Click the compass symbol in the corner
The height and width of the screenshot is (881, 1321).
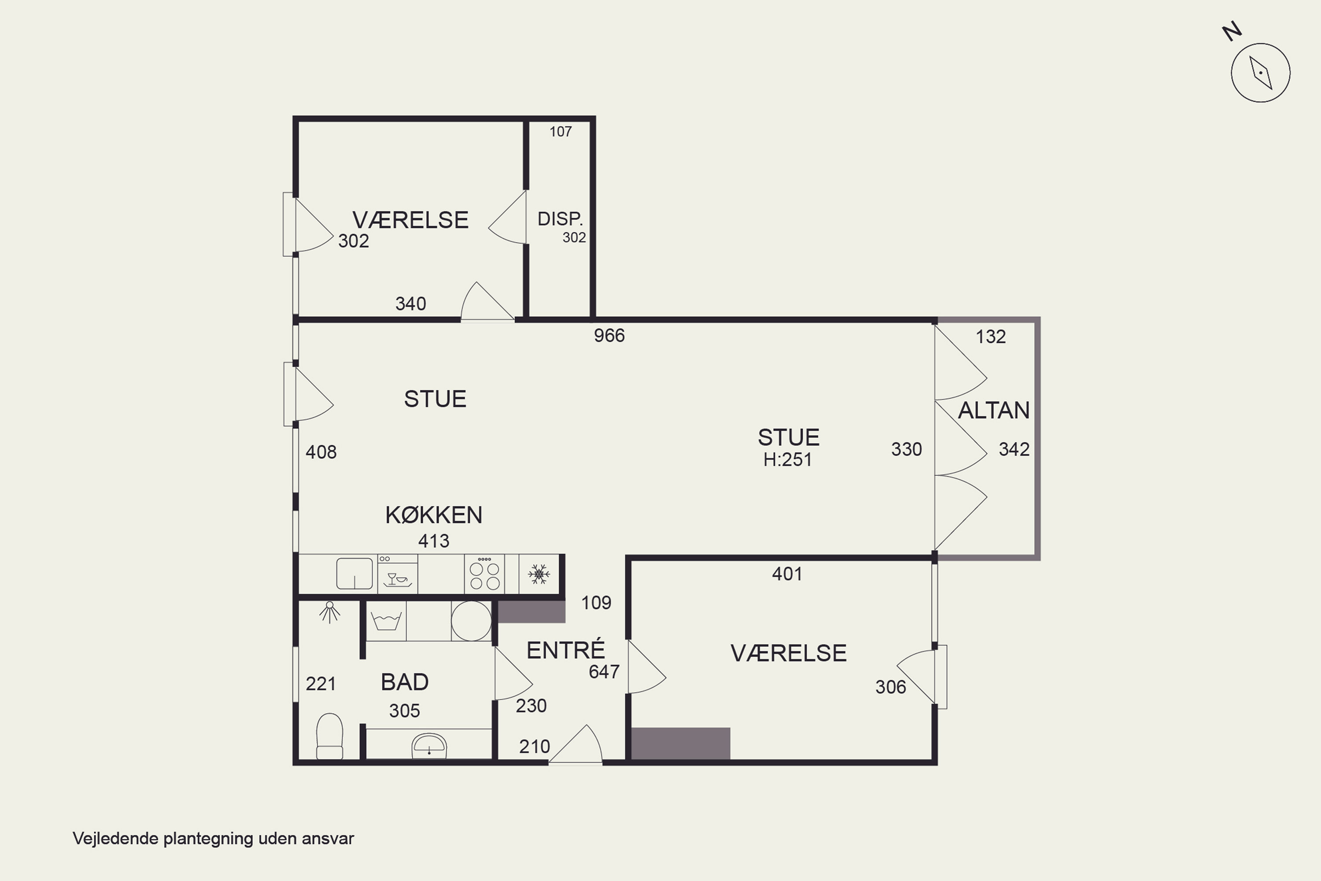pos(1260,73)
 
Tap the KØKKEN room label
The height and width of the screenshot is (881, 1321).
pos(434,515)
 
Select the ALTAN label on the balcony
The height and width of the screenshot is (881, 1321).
pos(993,410)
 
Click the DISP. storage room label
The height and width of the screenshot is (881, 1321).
pos(560,218)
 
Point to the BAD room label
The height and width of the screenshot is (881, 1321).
pos(404,682)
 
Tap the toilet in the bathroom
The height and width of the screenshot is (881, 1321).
pos(330,737)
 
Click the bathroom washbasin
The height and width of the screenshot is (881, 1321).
pos(429,746)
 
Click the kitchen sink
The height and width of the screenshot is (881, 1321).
pos(354,573)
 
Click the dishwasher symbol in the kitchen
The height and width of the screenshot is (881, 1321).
pos(398,574)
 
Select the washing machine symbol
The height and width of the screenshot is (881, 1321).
pos(386,621)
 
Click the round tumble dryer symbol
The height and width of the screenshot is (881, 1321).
pos(471,621)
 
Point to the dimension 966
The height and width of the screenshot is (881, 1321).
pos(609,335)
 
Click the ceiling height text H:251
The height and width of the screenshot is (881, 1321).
pos(787,459)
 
